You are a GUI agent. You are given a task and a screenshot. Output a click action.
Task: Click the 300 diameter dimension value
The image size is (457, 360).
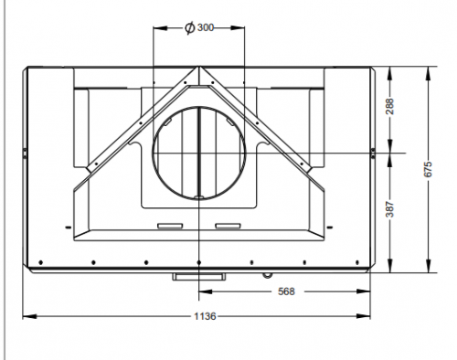click(206, 27)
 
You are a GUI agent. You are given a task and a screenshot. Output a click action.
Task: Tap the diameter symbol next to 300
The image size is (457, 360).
click(190, 28)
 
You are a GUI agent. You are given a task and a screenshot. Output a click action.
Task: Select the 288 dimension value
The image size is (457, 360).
click(389, 106)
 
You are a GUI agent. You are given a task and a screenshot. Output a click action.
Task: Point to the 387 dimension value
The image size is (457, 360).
click(389, 209)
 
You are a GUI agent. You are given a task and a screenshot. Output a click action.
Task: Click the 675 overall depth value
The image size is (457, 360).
click(428, 169)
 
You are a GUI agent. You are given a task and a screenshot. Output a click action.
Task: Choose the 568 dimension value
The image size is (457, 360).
click(286, 291)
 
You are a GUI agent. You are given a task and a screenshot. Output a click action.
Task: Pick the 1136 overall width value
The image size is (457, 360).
click(205, 316)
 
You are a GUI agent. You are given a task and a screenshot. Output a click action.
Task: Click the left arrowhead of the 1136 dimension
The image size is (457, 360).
click(29, 316)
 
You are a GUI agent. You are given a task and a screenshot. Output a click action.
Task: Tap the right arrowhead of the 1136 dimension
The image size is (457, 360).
click(364, 316)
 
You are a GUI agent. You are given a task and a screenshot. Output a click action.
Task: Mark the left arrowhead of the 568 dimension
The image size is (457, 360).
click(206, 291)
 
